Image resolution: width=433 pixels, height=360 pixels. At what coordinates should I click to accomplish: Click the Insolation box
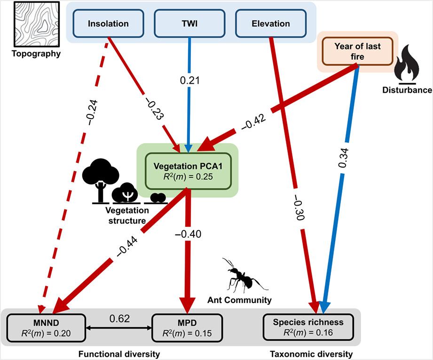pos(108,23)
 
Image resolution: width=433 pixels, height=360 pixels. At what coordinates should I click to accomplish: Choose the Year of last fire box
pos(357,51)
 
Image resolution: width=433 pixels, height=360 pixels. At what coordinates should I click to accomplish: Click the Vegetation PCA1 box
pos(188,171)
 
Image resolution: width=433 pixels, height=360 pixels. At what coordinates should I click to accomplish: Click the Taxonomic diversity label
pos(311,353)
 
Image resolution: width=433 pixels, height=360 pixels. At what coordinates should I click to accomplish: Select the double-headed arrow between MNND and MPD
pos(119,327)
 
